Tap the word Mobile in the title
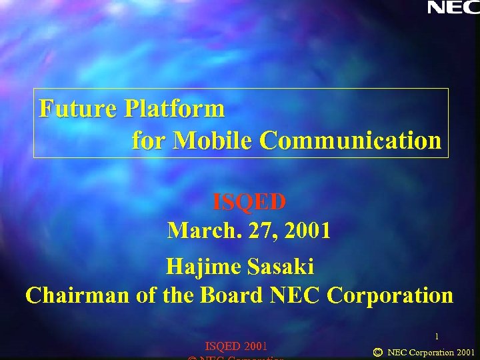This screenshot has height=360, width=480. tap(213, 141)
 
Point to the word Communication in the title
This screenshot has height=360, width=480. tap(350, 141)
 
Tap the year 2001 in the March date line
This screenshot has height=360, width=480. tap(307, 231)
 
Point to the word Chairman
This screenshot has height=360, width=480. tap(77, 295)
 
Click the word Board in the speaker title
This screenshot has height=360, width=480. tap(231, 295)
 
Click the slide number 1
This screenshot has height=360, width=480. tap(437, 337)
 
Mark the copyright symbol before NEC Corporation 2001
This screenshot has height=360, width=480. tap(378, 351)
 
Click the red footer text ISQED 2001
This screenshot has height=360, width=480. tap(237, 346)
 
